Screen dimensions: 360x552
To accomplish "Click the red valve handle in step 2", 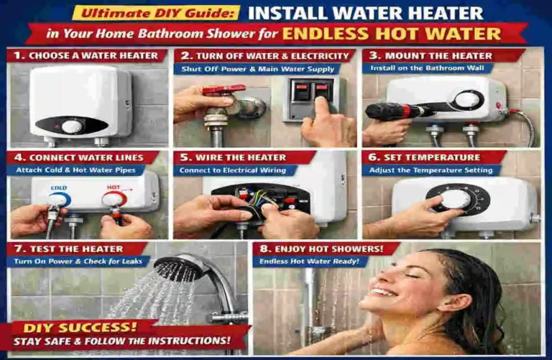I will point(214,91).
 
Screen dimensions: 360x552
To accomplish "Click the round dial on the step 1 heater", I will point(72,126).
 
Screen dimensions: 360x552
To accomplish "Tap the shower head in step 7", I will point(179,268).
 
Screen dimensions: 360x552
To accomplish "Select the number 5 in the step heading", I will point(184,157).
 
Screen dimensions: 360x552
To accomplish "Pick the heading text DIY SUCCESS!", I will point(63,327).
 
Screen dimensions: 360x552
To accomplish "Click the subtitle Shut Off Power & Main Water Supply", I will point(258,69).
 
